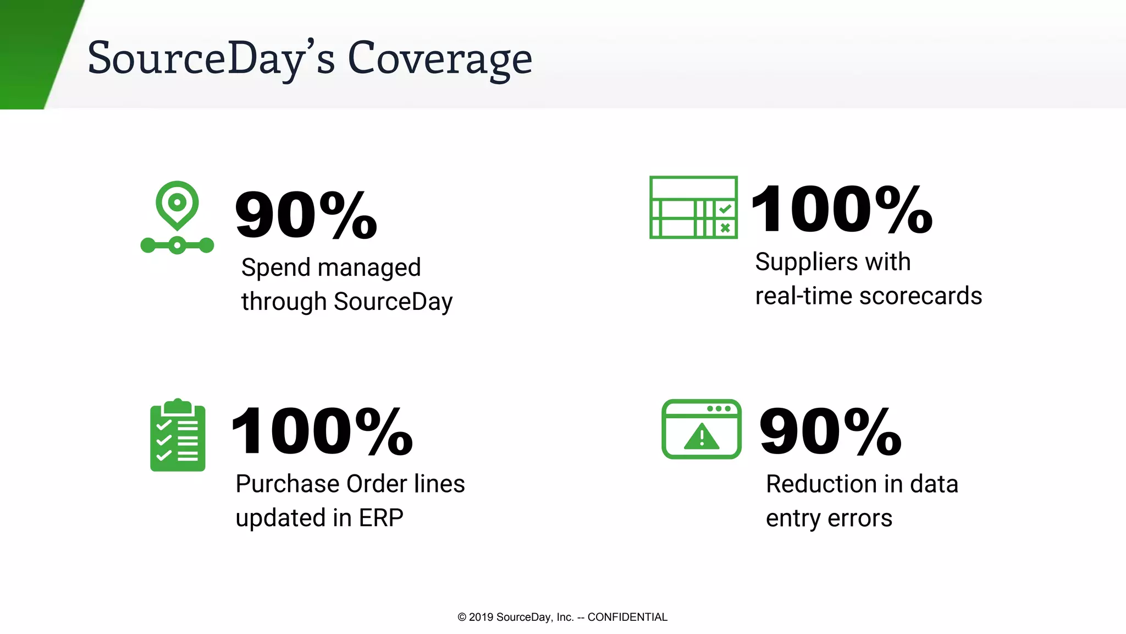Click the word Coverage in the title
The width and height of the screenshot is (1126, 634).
[440, 58]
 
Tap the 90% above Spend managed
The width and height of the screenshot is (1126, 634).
[306, 215]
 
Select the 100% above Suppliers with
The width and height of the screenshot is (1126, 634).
[841, 209]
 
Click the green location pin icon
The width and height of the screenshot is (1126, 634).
[177, 205]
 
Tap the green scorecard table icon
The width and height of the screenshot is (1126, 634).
[693, 207]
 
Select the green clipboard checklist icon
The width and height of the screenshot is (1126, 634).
[178, 435]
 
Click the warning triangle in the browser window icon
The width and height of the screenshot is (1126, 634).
[702, 437]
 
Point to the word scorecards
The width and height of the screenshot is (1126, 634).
[920, 296]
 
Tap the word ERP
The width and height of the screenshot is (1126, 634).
[381, 518]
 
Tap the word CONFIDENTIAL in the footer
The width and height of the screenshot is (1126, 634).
[627, 617]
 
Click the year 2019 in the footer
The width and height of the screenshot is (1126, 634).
[481, 617]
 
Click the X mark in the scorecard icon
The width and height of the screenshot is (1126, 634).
[725, 227]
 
